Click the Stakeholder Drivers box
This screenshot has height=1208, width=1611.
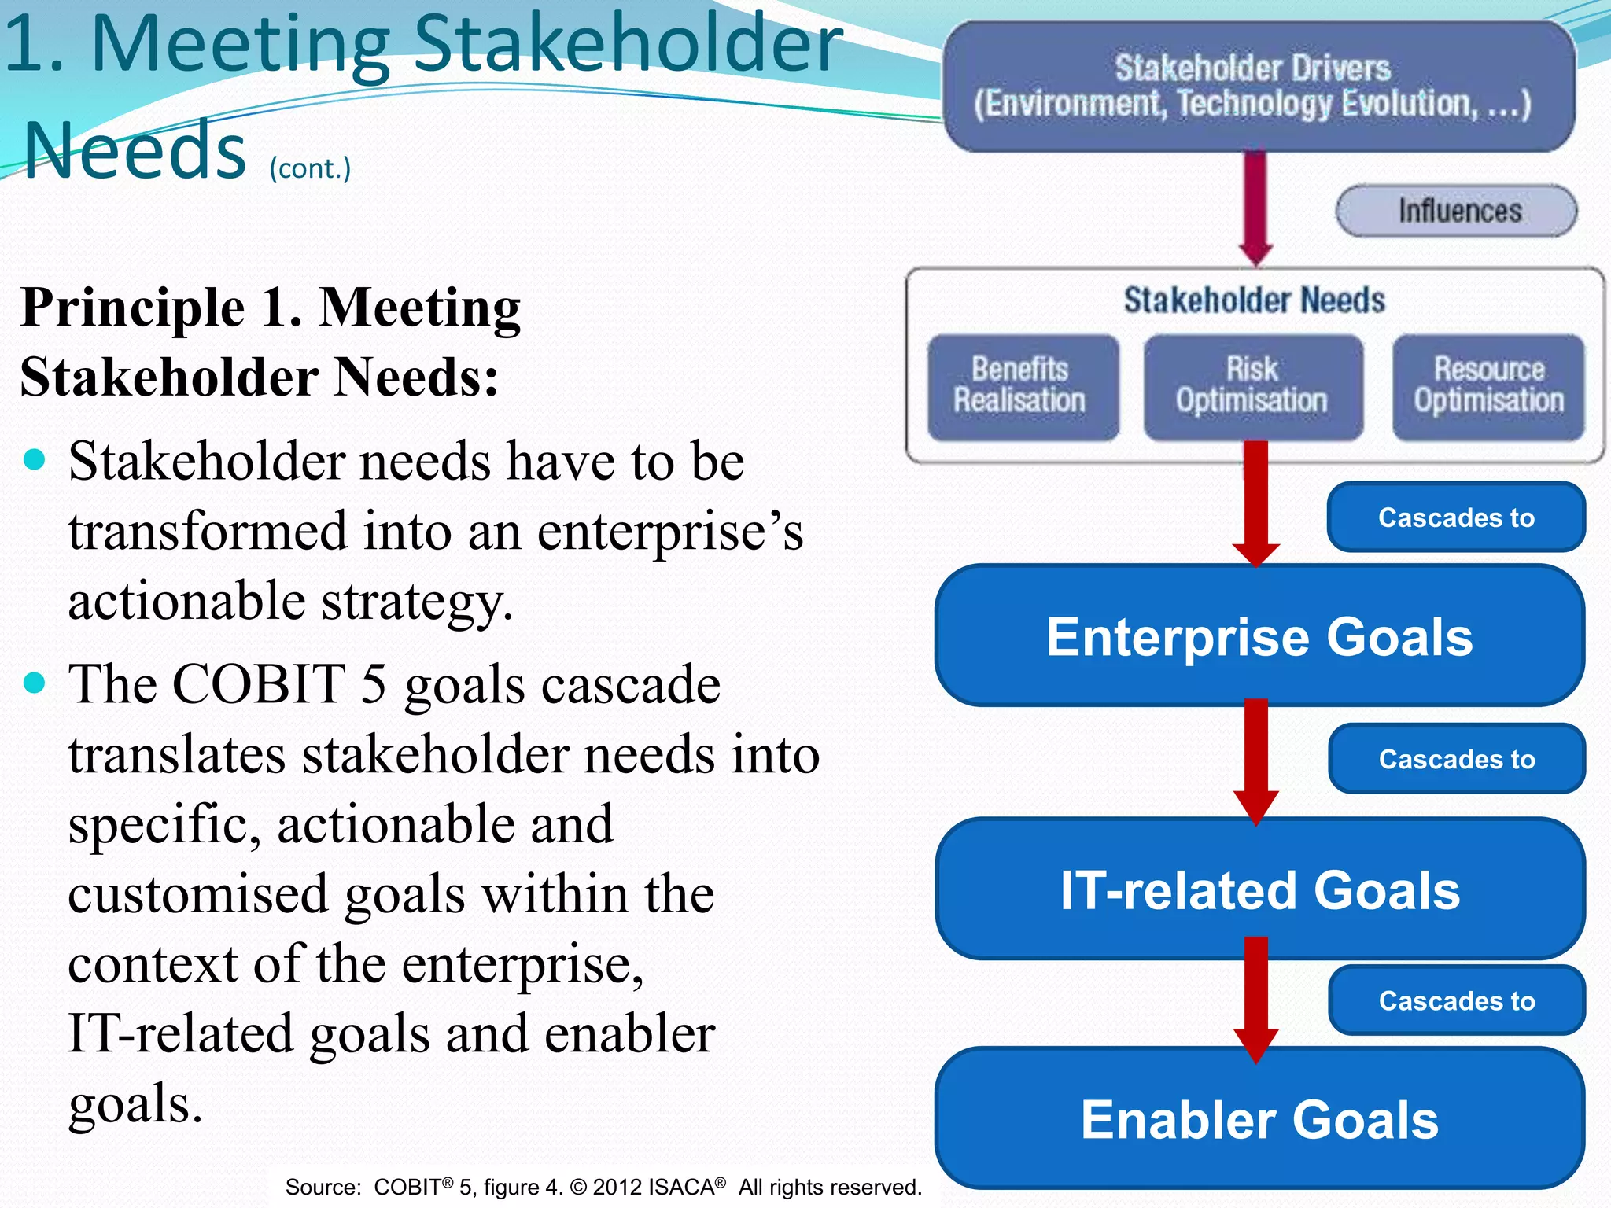pos(1259,87)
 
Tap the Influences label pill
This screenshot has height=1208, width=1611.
pos(1456,211)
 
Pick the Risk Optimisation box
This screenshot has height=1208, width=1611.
pos(1252,387)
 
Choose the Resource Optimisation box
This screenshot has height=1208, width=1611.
pos(1488,387)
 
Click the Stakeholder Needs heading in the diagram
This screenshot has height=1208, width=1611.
pos(1254,300)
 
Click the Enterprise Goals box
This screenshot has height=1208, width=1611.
pos(1259,635)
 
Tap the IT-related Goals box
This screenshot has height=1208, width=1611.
pos(1259,889)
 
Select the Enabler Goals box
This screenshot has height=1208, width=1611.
pos(1259,1118)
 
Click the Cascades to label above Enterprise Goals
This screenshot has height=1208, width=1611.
pos(1456,517)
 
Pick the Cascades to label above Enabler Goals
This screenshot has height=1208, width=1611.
pos(1456,1000)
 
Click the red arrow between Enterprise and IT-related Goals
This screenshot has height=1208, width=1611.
pos(1256,759)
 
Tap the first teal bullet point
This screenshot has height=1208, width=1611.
pos(35,459)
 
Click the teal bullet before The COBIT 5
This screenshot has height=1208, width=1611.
pos(35,682)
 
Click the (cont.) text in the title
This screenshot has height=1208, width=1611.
pos(310,168)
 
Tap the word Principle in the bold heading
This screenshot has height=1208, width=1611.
pos(132,308)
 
